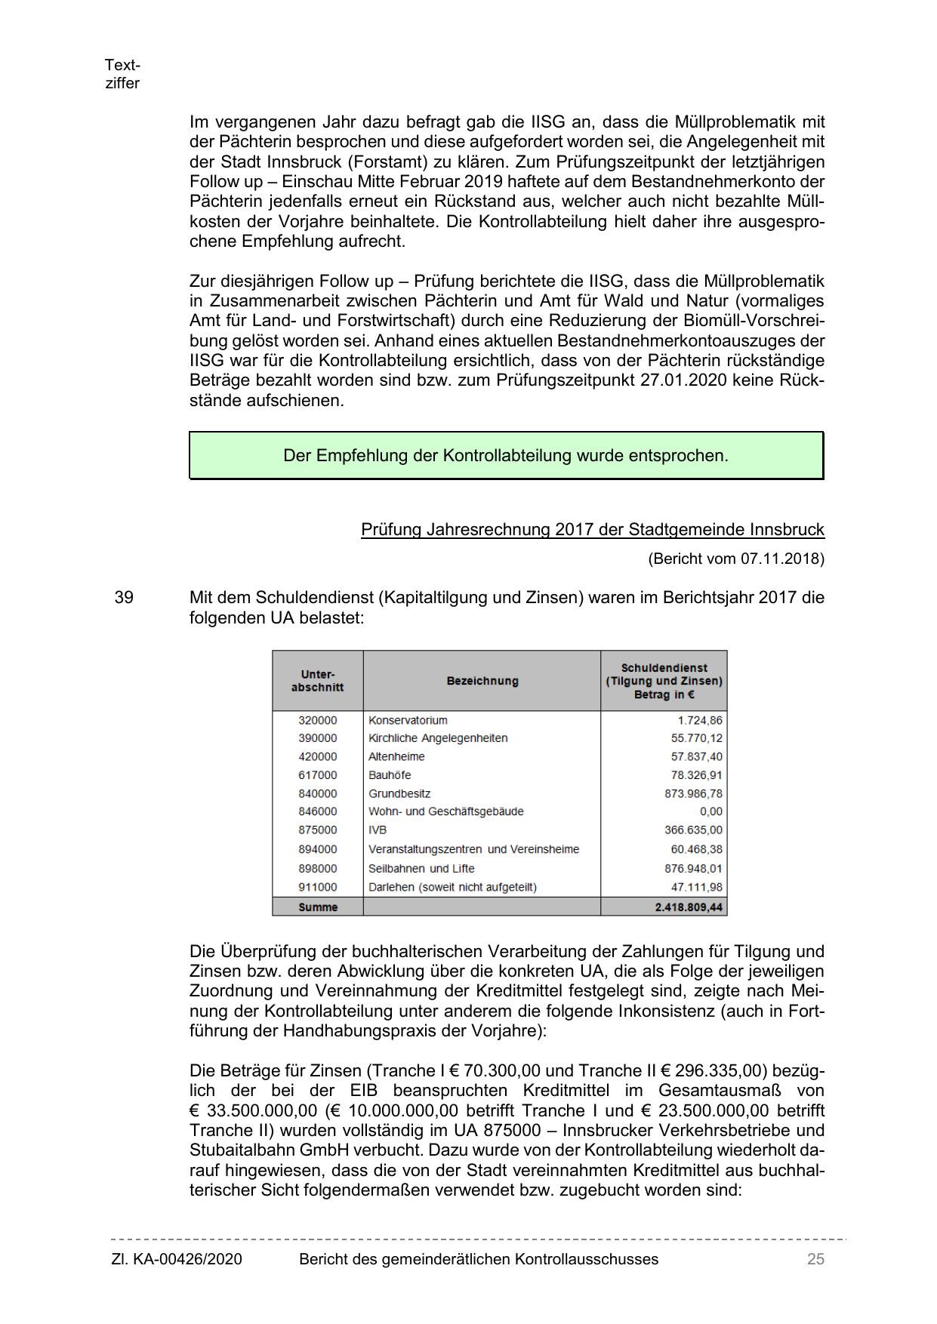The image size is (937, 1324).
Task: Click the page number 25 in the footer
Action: point(815,1259)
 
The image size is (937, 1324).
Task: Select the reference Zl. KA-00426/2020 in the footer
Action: point(177,1259)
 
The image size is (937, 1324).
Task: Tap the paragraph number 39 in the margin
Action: point(124,597)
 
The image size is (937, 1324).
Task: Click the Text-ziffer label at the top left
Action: point(122,74)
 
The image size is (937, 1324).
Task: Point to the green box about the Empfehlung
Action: point(506,456)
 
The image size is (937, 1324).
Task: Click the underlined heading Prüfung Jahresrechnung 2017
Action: point(592,529)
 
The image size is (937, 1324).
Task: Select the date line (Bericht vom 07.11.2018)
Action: point(735,559)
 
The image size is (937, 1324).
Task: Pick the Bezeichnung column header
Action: point(482,681)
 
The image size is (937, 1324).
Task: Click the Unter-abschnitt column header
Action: point(318,681)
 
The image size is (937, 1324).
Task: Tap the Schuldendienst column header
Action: point(664,681)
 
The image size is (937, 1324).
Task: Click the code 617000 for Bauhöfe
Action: point(318,775)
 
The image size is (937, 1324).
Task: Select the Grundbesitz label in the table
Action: point(399,793)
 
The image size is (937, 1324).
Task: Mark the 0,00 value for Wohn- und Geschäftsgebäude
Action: point(710,811)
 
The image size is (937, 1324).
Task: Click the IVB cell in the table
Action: point(378,830)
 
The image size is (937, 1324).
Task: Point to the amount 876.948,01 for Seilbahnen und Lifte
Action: point(693,868)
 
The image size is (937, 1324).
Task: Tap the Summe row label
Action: point(318,907)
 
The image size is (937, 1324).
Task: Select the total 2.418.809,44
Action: point(689,907)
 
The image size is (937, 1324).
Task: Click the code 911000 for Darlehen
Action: point(318,887)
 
